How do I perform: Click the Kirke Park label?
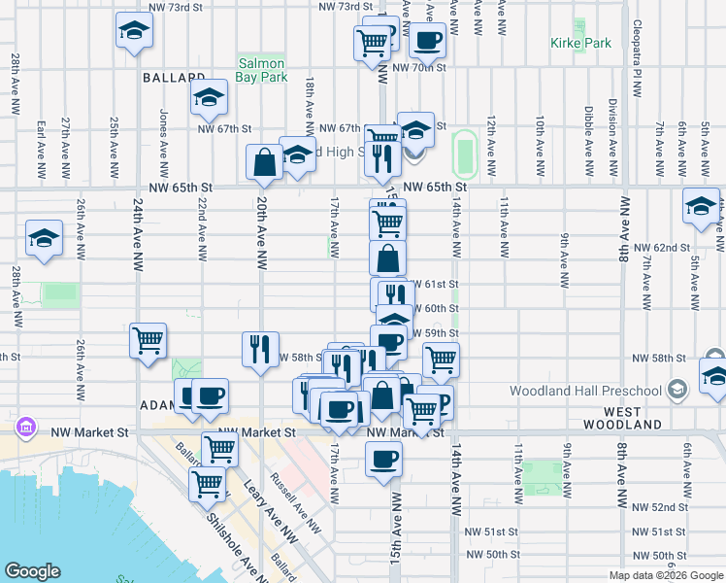tap(580, 43)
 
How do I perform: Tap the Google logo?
tap(32, 571)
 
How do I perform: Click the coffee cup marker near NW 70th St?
tap(426, 41)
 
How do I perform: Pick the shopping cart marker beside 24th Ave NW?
tap(148, 341)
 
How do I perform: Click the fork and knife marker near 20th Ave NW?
tap(259, 349)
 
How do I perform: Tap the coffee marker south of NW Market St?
tap(383, 458)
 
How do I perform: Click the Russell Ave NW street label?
tap(298, 504)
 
